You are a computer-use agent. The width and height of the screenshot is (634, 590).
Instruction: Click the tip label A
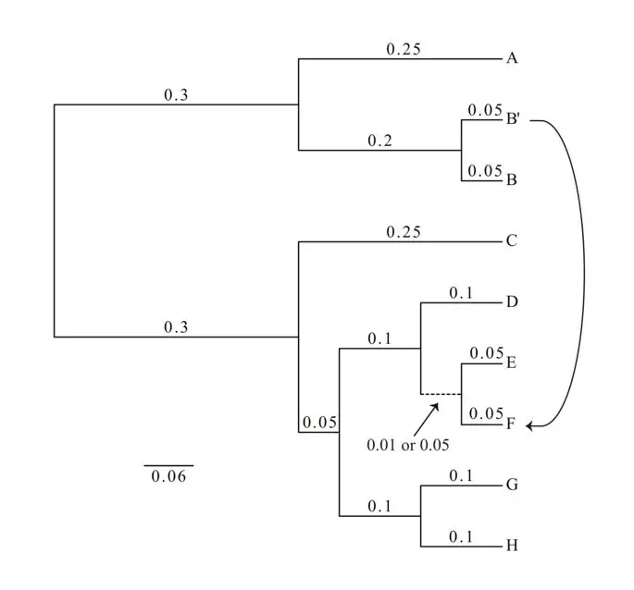511,58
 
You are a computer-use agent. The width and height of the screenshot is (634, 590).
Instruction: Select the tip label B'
513,119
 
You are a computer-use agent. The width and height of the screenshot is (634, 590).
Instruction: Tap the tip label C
511,242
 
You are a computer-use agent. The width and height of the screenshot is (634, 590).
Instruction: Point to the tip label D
511,302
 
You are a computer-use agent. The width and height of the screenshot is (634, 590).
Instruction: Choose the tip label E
510,363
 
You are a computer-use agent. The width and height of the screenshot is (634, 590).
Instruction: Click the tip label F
510,424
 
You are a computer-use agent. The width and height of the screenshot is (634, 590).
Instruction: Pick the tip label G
511,485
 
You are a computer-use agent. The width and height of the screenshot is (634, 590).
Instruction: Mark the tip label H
511,546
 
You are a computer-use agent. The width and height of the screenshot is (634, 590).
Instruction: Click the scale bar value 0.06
168,477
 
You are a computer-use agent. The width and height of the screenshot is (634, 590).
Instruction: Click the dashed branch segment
441,394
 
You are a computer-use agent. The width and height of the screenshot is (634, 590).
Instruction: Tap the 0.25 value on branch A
404,50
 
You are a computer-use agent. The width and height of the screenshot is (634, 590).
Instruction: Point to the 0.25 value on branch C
404,233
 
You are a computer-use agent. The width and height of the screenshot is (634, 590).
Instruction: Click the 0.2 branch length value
379,141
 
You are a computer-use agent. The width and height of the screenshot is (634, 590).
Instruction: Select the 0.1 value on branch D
460,293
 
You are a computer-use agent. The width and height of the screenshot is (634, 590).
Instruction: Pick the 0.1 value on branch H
460,536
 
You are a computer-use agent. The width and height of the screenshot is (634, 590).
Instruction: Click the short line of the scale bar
168,465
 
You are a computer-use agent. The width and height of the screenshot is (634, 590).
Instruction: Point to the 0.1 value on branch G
460,475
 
